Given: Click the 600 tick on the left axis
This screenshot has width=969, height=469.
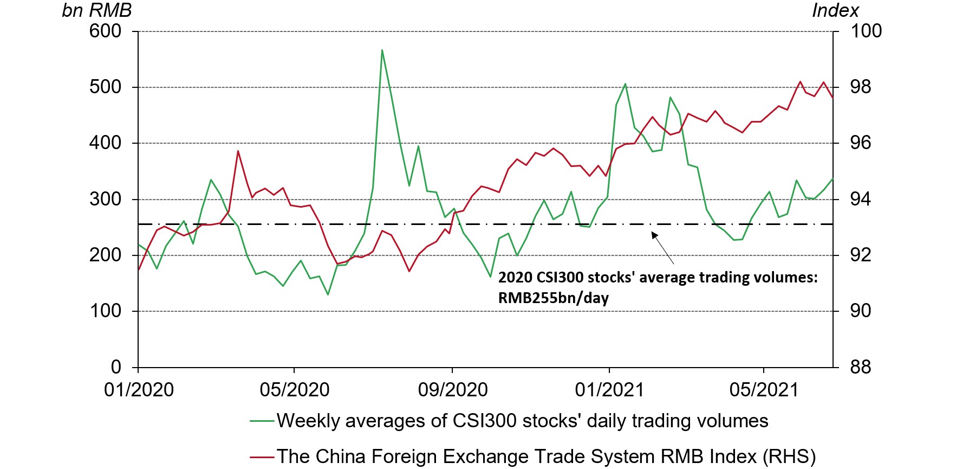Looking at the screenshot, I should [x=105, y=31].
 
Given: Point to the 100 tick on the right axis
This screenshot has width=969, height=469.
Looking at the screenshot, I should [x=866, y=31].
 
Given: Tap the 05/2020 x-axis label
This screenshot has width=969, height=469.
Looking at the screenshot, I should [x=294, y=390].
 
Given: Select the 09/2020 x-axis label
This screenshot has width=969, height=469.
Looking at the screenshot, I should [x=452, y=390].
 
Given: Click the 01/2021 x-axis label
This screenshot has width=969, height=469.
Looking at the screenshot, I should [x=609, y=390].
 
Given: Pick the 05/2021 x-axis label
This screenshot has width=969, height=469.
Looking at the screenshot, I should [x=764, y=390].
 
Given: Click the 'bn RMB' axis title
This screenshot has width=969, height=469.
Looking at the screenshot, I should [x=96, y=10].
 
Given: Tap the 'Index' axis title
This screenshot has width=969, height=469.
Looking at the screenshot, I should [x=835, y=10].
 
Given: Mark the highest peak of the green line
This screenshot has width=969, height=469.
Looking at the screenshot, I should [x=382, y=50].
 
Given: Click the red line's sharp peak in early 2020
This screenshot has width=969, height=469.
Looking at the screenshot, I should [x=238, y=151].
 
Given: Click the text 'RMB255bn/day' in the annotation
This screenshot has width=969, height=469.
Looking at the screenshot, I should [x=553, y=298].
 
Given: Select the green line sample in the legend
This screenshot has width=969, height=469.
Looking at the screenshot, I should [x=262, y=421].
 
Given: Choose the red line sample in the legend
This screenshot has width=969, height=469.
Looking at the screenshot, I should [x=262, y=457].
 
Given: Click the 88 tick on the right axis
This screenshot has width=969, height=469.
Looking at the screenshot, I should [x=860, y=367].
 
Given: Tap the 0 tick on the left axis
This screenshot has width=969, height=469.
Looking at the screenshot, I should [x=116, y=367].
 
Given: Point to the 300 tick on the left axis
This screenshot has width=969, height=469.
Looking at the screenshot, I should [x=105, y=199].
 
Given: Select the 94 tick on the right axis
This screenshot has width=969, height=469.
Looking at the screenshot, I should [x=860, y=199].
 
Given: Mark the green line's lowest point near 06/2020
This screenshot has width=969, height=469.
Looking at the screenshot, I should [x=328, y=294].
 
